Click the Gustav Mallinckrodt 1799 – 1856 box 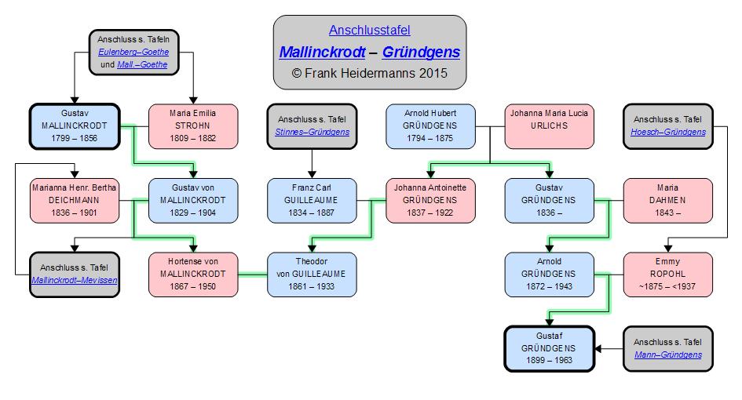(74, 125)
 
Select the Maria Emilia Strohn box (193, 125)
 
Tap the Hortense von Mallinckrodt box (193, 274)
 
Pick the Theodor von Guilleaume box (312, 274)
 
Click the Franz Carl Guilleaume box (312, 200)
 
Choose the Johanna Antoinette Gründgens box (430, 200)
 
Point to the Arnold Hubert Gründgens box (430, 125)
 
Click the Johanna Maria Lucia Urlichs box (549, 125)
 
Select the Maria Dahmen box (667, 200)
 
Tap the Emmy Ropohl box (667, 274)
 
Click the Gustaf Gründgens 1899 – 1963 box (549, 348)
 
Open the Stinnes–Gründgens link (312, 132)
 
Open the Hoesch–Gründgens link (667, 132)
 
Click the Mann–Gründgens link (667, 355)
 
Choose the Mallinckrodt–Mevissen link (74, 280)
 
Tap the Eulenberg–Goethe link (133, 52)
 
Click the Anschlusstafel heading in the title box (369, 31)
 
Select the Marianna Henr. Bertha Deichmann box (74, 200)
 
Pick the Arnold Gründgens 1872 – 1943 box (549, 274)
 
